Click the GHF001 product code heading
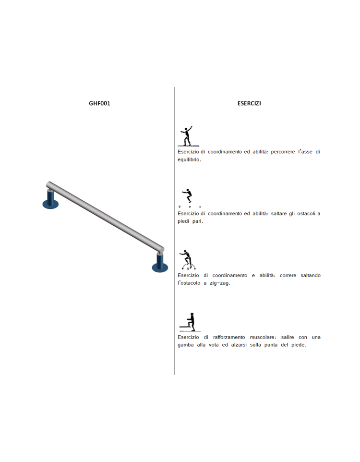coord(99,103)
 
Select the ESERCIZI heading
coord(249,103)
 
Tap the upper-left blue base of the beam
coord(50,200)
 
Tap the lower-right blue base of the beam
coord(160,264)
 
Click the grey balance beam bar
coord(105,218)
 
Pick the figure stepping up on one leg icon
coord(190,322)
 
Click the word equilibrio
coord(189,160)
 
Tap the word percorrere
coord(283,152)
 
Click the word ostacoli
coord(306,214)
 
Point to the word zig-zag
coord(220,283)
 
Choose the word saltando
coord(311,276)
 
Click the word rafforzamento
coord(229,337)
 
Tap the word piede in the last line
coord(299,345)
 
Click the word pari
coord(198,221)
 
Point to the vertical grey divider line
coord(174,231)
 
